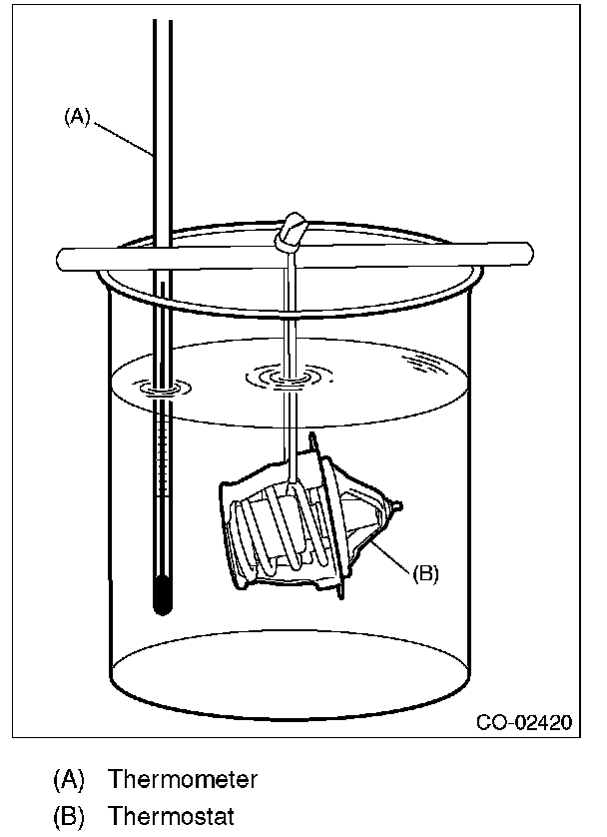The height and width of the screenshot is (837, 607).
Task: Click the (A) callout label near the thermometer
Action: click(x=77, y=117)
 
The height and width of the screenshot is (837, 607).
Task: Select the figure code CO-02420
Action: click(x=524, y=721)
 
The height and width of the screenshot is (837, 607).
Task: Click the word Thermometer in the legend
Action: click(x=183, y=778)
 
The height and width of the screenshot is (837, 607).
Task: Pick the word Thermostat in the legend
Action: click(x=171, y=816)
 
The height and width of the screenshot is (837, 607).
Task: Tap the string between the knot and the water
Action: click(x=288, y=310)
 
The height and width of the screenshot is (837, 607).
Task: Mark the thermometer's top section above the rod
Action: click(x=163, y=120)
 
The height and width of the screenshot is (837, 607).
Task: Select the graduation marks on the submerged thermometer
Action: click(x=162, y=479)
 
